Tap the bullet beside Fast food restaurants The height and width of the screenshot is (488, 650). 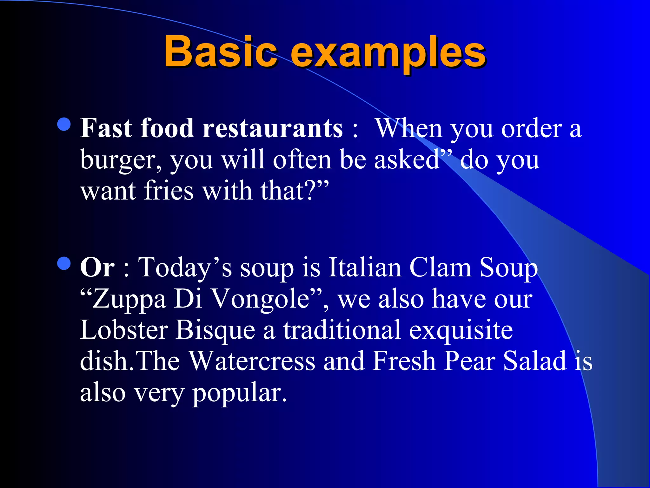tap(64, 124)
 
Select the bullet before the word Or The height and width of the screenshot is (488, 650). tap(64, 263)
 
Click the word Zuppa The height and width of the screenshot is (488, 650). tap(129, 300)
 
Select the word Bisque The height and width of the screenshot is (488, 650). tap(216, 331)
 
